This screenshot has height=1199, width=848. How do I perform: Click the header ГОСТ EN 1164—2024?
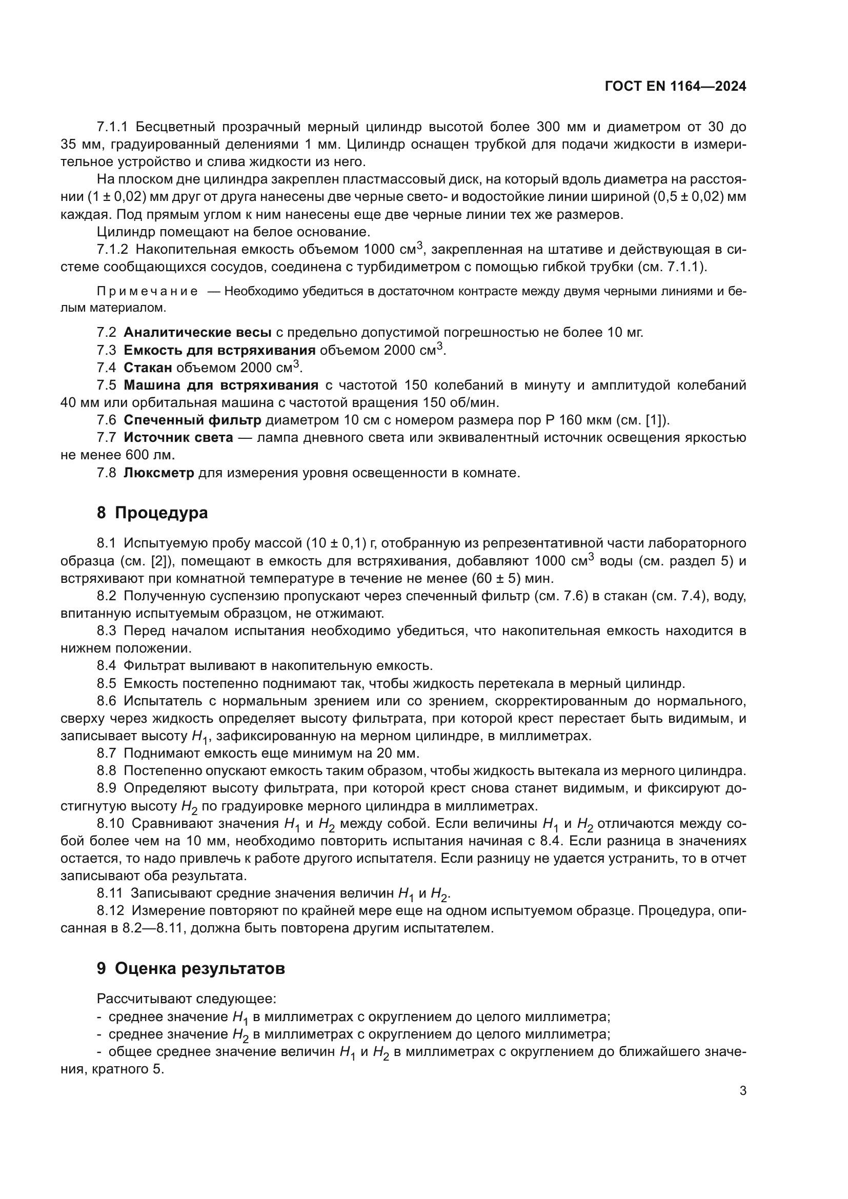click(675, 87)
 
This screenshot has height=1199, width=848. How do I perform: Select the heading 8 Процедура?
click(152, 513)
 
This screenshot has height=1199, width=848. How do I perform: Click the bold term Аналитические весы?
click(197, 332)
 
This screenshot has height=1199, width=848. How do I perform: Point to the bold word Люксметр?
click(159, 473)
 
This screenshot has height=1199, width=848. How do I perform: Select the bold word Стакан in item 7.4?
click(148, 368)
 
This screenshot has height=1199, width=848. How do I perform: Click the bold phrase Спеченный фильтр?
click(192, 420)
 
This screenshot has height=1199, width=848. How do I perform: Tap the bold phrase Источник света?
click(178, 438)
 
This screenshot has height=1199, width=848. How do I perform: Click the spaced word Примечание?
click(147, 291)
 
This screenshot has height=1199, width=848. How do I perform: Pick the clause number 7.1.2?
click(112, 249)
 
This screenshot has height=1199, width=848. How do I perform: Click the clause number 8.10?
click(110, 824)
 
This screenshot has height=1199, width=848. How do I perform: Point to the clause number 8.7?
click(107, 754)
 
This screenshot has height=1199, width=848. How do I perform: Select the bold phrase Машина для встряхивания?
click(221, 385)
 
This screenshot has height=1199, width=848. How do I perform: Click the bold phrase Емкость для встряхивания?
click(219, 350)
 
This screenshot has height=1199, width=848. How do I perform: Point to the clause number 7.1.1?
click(112, 127)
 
